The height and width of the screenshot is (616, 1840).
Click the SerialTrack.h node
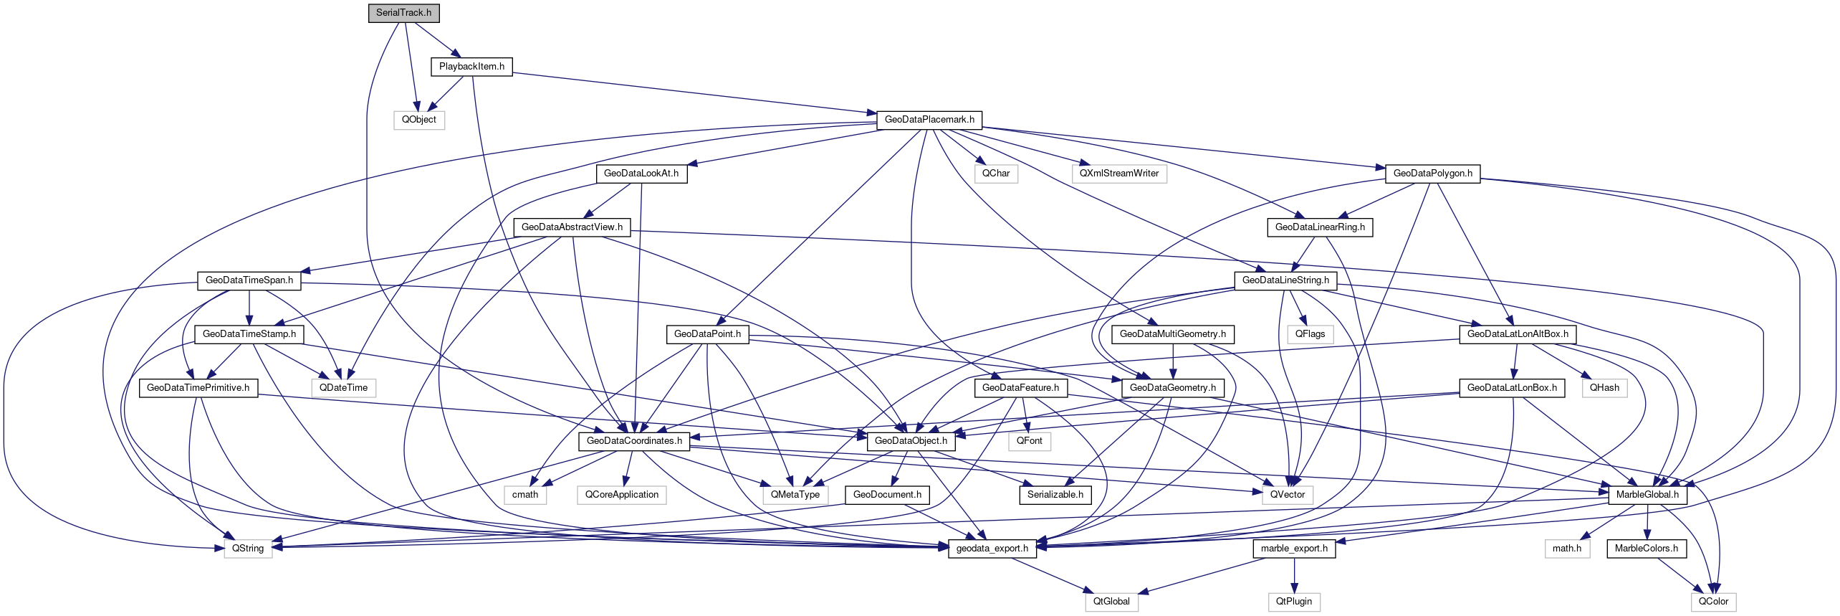[403, 13]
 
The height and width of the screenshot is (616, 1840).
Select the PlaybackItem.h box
[471, 67]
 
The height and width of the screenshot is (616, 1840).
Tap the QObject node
[418, 120]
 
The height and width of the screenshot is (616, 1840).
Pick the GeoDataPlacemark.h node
[929, 120]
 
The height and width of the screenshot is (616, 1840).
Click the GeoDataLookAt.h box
[641, 174]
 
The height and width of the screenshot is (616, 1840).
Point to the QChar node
[995, 174]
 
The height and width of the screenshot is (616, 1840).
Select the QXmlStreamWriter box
[1119, 174]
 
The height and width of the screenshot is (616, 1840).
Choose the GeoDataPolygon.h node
[1432, 174]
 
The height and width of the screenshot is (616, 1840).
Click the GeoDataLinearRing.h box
[1320, 227]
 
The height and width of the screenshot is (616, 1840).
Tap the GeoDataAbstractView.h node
[572, 227]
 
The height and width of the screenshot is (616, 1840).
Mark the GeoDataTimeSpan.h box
[249, 280]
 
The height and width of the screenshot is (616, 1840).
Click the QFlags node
[1310, 334]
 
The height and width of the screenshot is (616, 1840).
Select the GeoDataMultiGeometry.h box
[1172, 334]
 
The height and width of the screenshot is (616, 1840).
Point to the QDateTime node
[343, 388]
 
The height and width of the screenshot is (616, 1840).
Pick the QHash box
[1604, 388]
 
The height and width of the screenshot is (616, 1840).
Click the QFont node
[1029, 441]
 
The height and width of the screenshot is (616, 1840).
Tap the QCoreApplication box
[621, 495]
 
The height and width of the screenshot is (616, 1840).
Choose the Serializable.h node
[1055, 495]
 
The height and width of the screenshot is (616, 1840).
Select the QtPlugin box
[1293, 602]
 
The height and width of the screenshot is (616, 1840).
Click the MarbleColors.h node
[1646, 549]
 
